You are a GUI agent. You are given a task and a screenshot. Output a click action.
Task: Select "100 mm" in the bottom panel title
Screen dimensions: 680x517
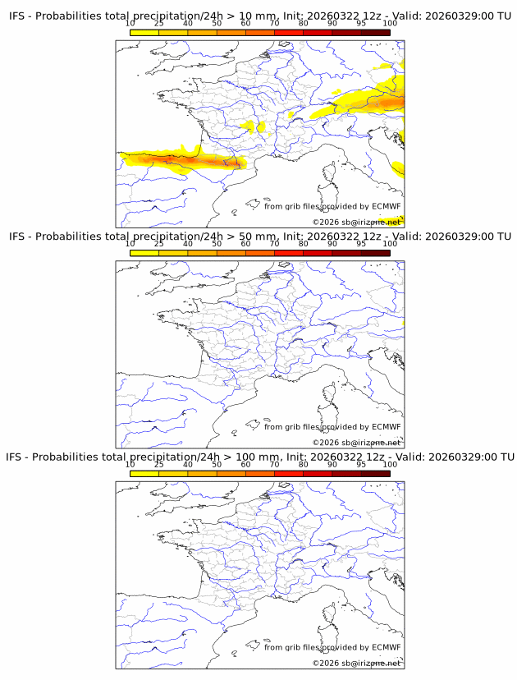coord(262,457)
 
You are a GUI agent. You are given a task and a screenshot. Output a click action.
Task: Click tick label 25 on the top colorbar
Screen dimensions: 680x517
coord(159,24)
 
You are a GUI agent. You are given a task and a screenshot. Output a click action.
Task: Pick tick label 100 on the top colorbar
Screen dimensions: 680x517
coord(390,24)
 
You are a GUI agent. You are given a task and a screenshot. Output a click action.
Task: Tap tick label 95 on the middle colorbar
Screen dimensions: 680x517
coord(361,244)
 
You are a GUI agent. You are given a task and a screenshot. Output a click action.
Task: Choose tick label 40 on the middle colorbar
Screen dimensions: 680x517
coord(188,244)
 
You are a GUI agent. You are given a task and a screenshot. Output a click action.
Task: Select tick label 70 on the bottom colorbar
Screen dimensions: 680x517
coord(274,464)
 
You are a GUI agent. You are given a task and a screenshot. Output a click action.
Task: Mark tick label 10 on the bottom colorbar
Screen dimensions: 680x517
coord(130,464)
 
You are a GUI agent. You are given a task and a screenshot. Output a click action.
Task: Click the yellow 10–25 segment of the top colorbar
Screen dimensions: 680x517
coord(144,32)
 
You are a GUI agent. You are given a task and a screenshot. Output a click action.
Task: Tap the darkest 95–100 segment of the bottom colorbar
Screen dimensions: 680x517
coord(375,473)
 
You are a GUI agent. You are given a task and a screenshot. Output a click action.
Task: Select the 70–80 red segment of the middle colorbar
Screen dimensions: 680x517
coord(288,253)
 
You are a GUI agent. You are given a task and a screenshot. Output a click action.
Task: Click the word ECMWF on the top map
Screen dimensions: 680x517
coord(386,206)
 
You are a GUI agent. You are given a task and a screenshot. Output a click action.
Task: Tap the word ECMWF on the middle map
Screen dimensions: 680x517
coord(386,426)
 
